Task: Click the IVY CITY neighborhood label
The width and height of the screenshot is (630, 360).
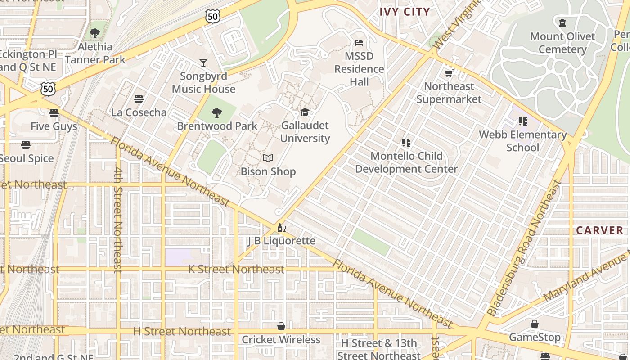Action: tap(405, 12)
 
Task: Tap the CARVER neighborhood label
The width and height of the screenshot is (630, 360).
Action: tap(600, 230)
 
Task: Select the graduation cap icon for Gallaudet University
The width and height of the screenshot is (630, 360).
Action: tap(305, 112)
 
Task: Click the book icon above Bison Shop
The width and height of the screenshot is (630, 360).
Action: tap(268, 158)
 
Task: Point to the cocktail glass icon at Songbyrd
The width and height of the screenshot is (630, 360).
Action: tap(203, 63)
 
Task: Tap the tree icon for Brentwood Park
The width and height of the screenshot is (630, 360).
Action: tap(217, 112)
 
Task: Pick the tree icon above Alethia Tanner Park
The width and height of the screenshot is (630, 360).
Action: tap(95, 33)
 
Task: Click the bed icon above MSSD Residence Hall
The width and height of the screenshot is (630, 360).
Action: tap(359, 43)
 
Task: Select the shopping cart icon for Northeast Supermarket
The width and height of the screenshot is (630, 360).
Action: tap(449, 73)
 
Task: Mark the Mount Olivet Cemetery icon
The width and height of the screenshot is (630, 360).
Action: tap(562, 23)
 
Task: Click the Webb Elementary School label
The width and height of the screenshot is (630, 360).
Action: tap(522, 141)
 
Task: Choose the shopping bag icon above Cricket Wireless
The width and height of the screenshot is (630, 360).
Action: tap(281, 326)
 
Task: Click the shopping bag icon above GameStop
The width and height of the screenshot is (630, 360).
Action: tap(535, 324)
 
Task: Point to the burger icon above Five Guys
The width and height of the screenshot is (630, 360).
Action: tap(54, 113)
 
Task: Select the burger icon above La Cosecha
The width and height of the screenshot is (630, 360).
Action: tap(139, 99)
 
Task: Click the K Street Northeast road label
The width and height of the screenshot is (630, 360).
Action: tap(236, 270)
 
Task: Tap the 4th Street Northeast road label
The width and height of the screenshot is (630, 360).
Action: tap(118, 220)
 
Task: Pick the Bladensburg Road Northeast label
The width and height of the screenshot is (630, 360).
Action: tap(525, 249)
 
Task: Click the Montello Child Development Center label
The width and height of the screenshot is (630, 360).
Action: tap(406, 162)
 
